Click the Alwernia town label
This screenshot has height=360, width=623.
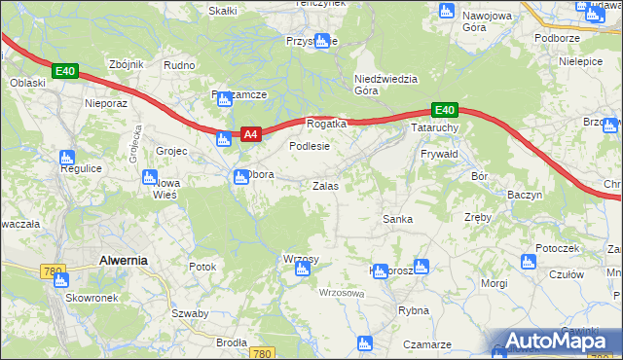click(x=124, y=260)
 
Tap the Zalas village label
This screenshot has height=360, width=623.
click(x=325, y=185)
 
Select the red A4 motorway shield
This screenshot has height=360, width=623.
click(x=250, y=135)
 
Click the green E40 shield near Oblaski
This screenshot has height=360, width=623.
click(x=65, y=71)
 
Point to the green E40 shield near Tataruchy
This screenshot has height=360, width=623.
click(x=444, y=110)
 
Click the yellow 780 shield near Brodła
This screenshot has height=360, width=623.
click(x=260, y=353)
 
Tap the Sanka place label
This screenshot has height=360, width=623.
click(x=397, y=219)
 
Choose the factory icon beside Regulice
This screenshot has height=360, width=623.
click(x=67, y=157)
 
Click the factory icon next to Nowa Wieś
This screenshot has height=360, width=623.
click(x=150, y=178)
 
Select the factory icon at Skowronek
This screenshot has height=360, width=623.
click(x=61, y=280)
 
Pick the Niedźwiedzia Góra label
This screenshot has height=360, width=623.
click(x=386, y=85)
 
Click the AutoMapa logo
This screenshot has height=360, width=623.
click(x=556, y=341)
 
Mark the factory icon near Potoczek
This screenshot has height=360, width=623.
click(x=529, y=261)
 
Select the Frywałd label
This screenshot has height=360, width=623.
click(x=439, y=155)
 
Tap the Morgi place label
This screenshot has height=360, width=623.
click(x=495, y=283)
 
